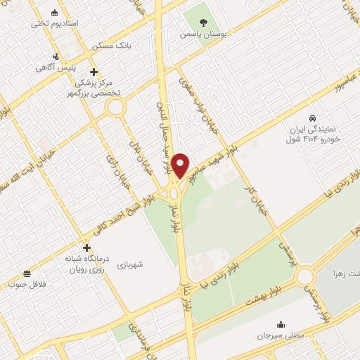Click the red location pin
[181, 165]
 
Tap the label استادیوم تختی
[54, 23]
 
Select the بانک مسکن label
[110, 44]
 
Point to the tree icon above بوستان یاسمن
[204, 22]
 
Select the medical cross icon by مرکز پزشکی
[94, 71]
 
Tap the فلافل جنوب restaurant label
[26, 285]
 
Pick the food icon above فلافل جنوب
[27, 274]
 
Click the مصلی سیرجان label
[281, 336]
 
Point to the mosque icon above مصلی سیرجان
[281, 325]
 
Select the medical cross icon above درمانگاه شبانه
[86, 247]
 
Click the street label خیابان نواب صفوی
[200, 105]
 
